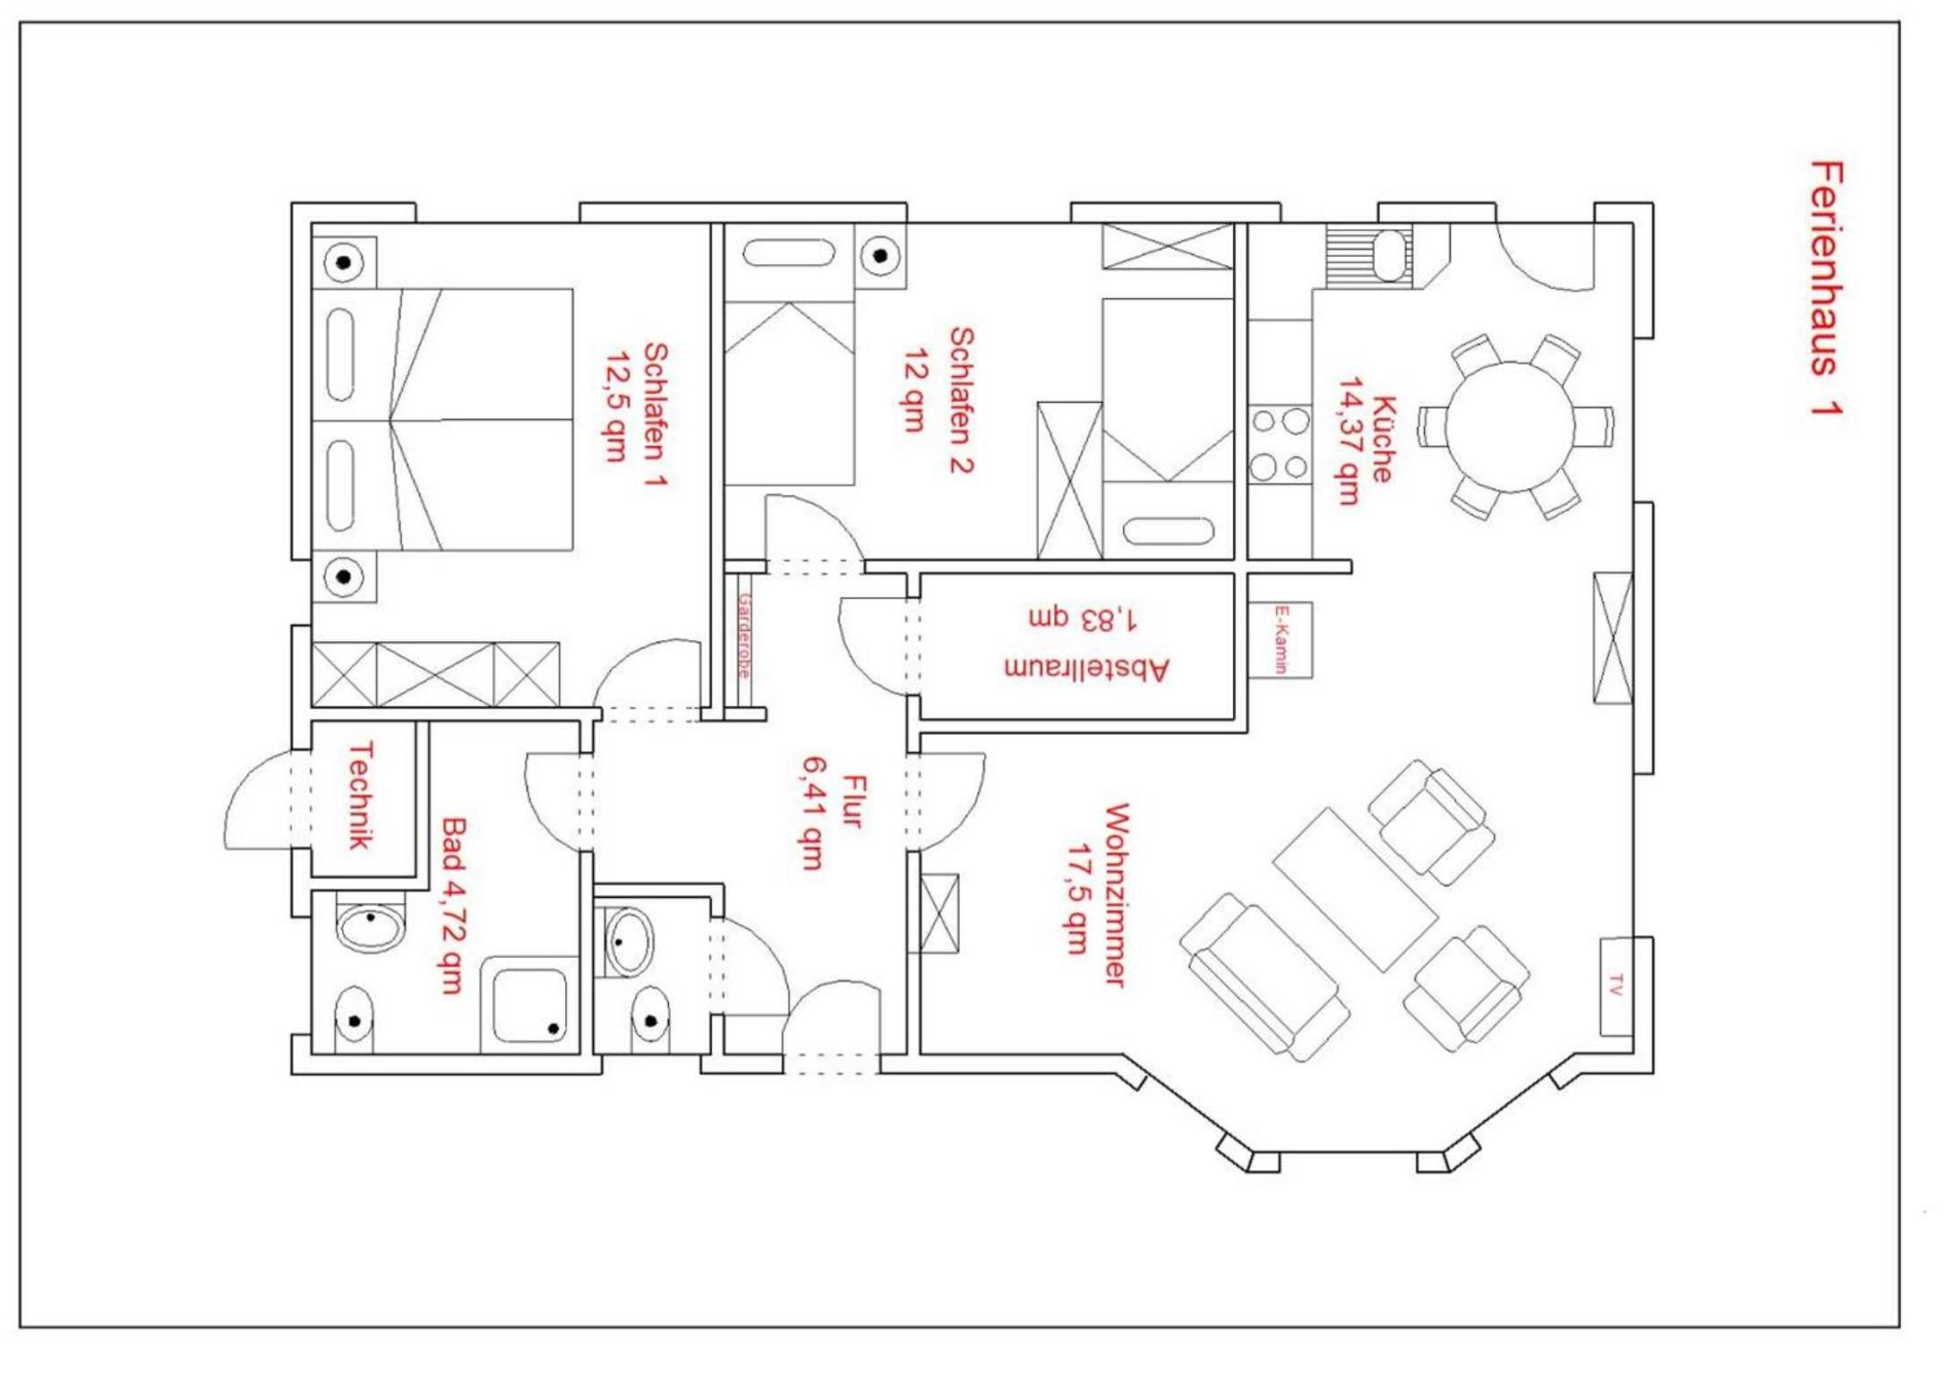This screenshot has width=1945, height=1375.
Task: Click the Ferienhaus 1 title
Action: (1826, 288)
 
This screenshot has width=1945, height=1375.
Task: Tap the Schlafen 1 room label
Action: (655, 415)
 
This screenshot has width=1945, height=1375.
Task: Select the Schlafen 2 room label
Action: (962, 399)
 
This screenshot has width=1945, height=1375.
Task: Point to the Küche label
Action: (1383, 439)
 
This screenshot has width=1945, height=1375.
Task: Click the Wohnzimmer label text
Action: (1116, 895)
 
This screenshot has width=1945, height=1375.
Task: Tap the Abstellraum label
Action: (1086, 669)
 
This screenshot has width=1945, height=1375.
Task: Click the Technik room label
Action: (360, 795)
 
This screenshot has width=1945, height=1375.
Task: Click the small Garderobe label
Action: (744, 636)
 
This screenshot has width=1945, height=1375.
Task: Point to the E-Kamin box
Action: (1281, 639)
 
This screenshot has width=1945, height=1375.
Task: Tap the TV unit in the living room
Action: (1616, 986)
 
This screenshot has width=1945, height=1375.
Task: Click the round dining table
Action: (1511, 427)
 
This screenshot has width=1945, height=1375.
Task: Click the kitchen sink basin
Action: (1391, 254)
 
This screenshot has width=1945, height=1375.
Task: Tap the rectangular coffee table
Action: (1355, 889)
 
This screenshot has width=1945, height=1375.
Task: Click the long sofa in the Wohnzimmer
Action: (1264, 978)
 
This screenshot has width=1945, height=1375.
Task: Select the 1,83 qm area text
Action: (1084, 618)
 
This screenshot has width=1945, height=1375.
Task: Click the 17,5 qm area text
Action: (1078, 898)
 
